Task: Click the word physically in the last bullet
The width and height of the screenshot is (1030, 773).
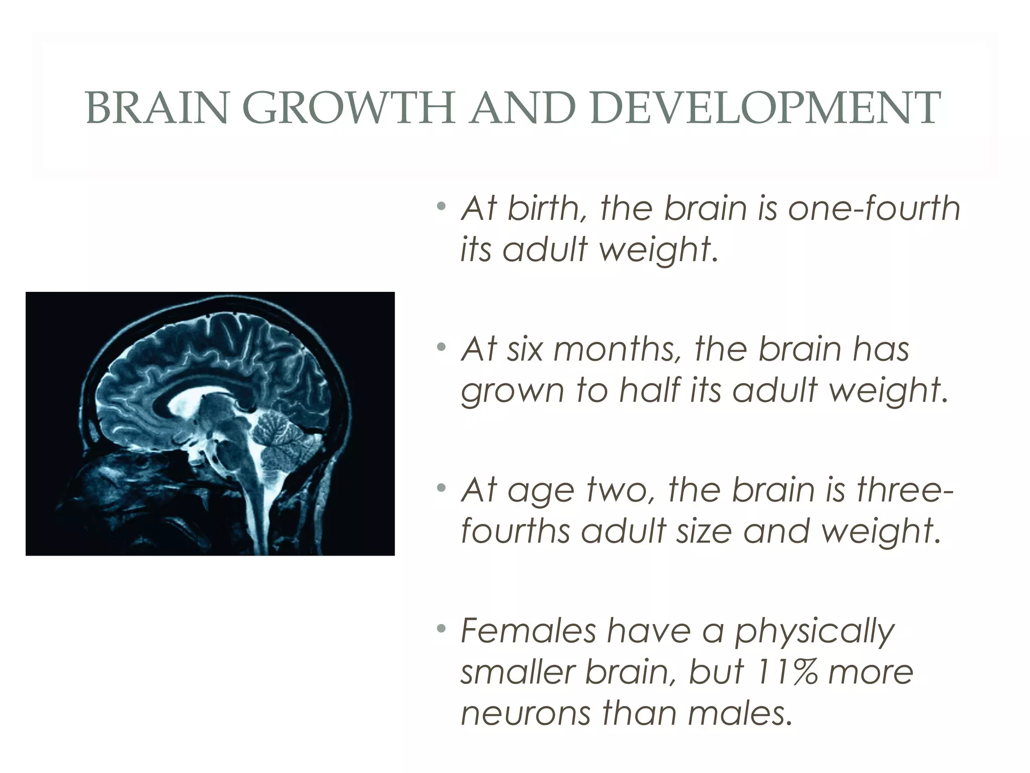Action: pyautogui.click(x=815, y=632)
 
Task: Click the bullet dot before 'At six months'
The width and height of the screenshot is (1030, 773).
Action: pyautogui.click(x=441, y=347)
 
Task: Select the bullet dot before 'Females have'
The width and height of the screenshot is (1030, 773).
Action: pyautogui.click(x=441, y=629)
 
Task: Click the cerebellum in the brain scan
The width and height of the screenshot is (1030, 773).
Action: pyautogui.click(x=282, y=438)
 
